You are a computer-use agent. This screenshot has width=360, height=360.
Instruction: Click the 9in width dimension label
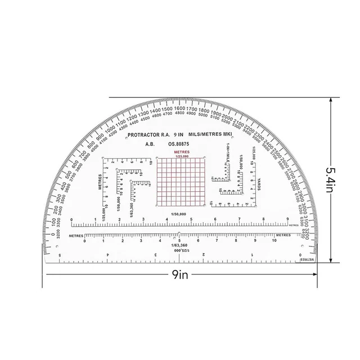coord(180,275)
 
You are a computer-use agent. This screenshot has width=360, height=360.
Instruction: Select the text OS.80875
coord(179,144)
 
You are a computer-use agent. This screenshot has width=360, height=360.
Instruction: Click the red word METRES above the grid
coord(181,152)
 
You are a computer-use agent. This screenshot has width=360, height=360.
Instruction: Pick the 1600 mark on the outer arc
coord(181,108)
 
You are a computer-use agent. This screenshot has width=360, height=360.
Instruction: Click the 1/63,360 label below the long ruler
coord(181,246)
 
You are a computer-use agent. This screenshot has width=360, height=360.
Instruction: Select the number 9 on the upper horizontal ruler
coord(287,220)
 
